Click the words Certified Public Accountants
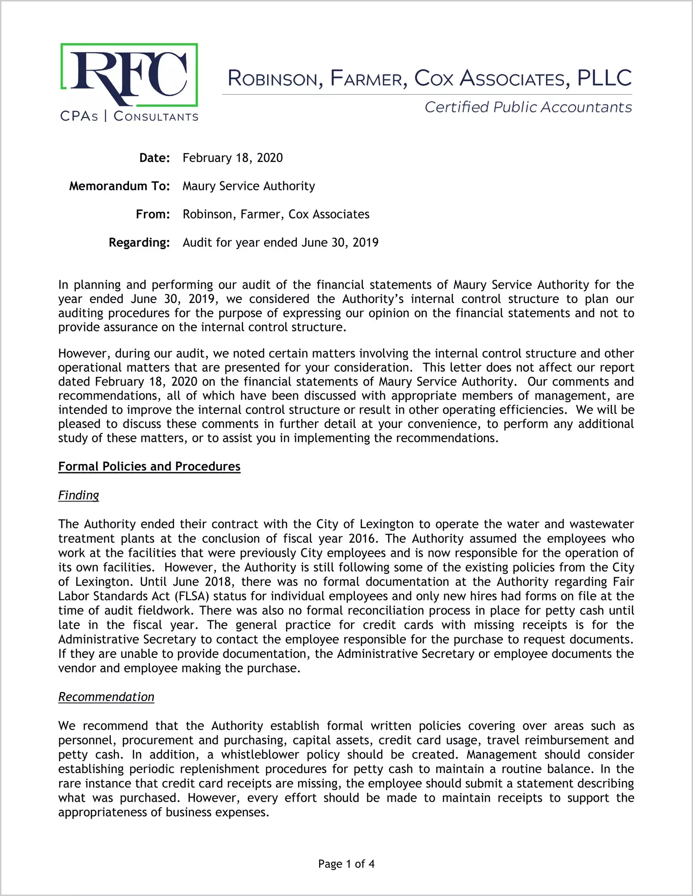click(x=528, y=107)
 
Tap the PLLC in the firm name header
click(x=604, y=78)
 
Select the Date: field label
click(x=154, y=158)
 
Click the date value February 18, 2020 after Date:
click(x=232, y=158)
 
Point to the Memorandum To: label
click(x=119, y=186)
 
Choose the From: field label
click(x=153, y=214)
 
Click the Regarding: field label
click(x=139, y=243)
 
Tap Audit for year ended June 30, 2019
click(x=280, y=243)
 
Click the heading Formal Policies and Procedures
click(x=149, y=466)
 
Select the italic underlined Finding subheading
click(x=78, y=496)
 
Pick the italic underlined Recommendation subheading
click(x=106, y=697)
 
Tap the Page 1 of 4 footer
click(x=346, y=864)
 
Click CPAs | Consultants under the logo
click(x=129, y=116)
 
